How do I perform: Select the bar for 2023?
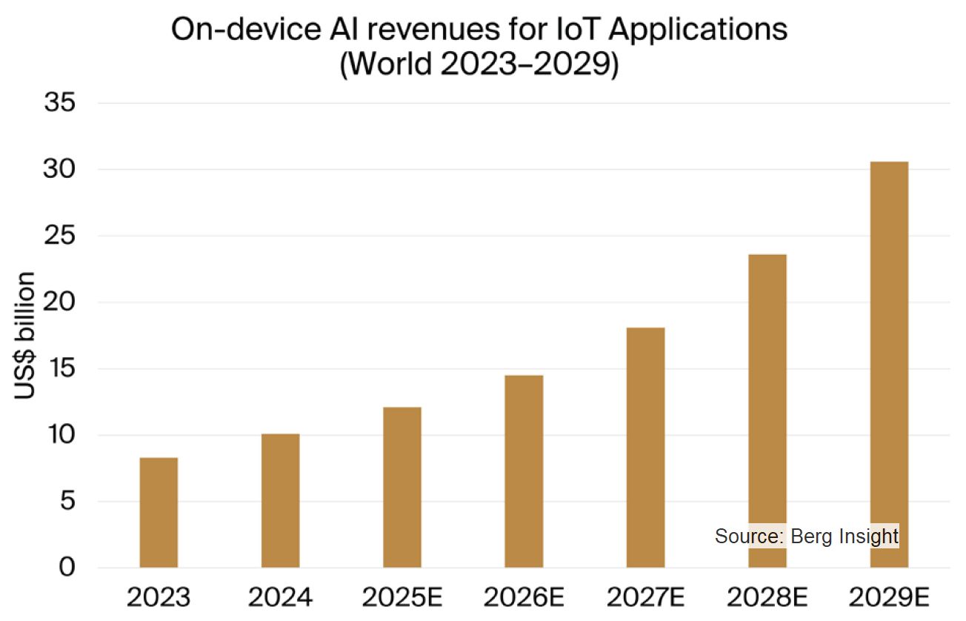(159, 513)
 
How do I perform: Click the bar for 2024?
(280, 501)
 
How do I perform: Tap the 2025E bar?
(402, 488)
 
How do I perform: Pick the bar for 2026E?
(524, 471)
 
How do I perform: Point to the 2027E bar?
(645, 448)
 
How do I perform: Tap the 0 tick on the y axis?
(67, 568)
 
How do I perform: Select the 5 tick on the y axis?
(67, 502)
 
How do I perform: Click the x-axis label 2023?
(159, 597)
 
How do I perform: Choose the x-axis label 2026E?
(524, 597)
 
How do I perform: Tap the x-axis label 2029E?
(889, 597)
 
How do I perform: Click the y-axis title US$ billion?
(25, 336)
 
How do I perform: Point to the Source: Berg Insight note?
(807, 536)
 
